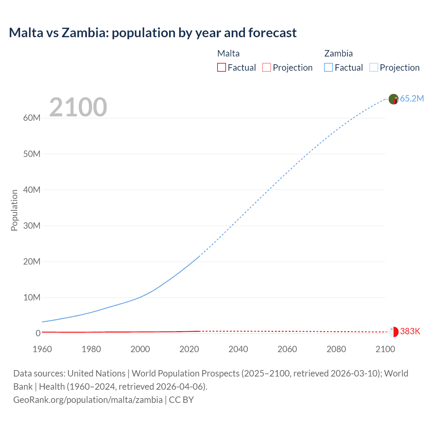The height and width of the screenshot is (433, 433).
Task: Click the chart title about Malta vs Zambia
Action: point(153,33)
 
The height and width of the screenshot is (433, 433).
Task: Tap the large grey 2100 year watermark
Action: point(78,107)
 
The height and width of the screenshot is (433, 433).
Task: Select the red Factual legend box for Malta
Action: point(222,67)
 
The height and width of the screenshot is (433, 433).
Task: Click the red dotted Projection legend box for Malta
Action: point(267,67)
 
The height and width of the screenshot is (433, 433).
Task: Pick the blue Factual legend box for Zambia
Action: point(328,67)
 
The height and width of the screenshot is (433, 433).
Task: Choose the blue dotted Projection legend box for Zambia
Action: point(374,67)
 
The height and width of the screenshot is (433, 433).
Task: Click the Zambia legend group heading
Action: point(338,53)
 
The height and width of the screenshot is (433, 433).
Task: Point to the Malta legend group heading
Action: point(228,53)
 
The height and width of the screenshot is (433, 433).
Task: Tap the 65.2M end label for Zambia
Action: point(412,98)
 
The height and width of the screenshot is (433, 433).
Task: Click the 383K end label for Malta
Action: point(410,331)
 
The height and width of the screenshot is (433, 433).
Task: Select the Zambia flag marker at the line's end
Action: point(393,99)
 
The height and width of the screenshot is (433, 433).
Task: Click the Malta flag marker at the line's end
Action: point(393,332)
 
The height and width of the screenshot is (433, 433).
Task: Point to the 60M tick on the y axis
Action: point(32,118)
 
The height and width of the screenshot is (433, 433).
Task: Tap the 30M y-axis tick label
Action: point(32,226)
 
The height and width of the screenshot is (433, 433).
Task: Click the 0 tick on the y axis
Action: point(38,333)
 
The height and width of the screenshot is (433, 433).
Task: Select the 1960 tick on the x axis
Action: point(42,349)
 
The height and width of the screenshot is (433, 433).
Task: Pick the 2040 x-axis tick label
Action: point(238,349)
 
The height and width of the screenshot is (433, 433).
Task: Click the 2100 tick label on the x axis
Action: point(385,349)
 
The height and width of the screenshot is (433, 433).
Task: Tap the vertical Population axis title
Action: point(14,210)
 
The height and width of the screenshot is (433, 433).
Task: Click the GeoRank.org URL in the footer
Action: point(88,400)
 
